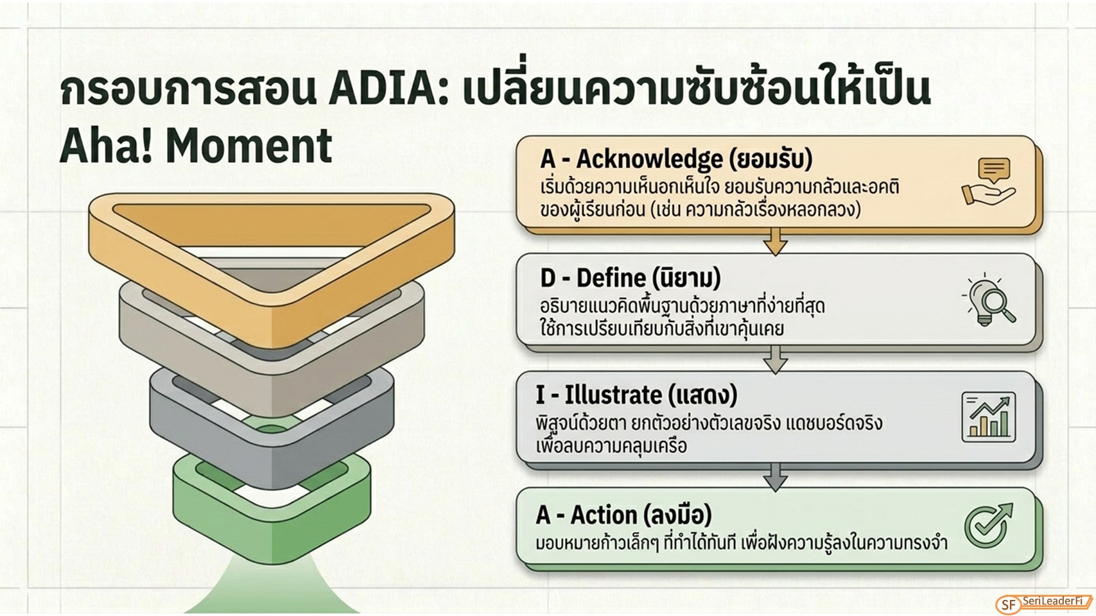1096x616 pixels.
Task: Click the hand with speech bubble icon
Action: [x=989, y=181]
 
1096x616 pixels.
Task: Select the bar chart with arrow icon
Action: [x=988, y=417]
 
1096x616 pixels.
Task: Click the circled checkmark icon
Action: [x=988, y=526]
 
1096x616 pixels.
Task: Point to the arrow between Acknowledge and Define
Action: [x=776, y=242]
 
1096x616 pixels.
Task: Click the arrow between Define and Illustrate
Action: [x=776, y=360]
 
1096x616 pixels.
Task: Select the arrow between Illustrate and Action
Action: [x=776, y=477]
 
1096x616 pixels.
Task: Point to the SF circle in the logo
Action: [x=1009, y=605]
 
